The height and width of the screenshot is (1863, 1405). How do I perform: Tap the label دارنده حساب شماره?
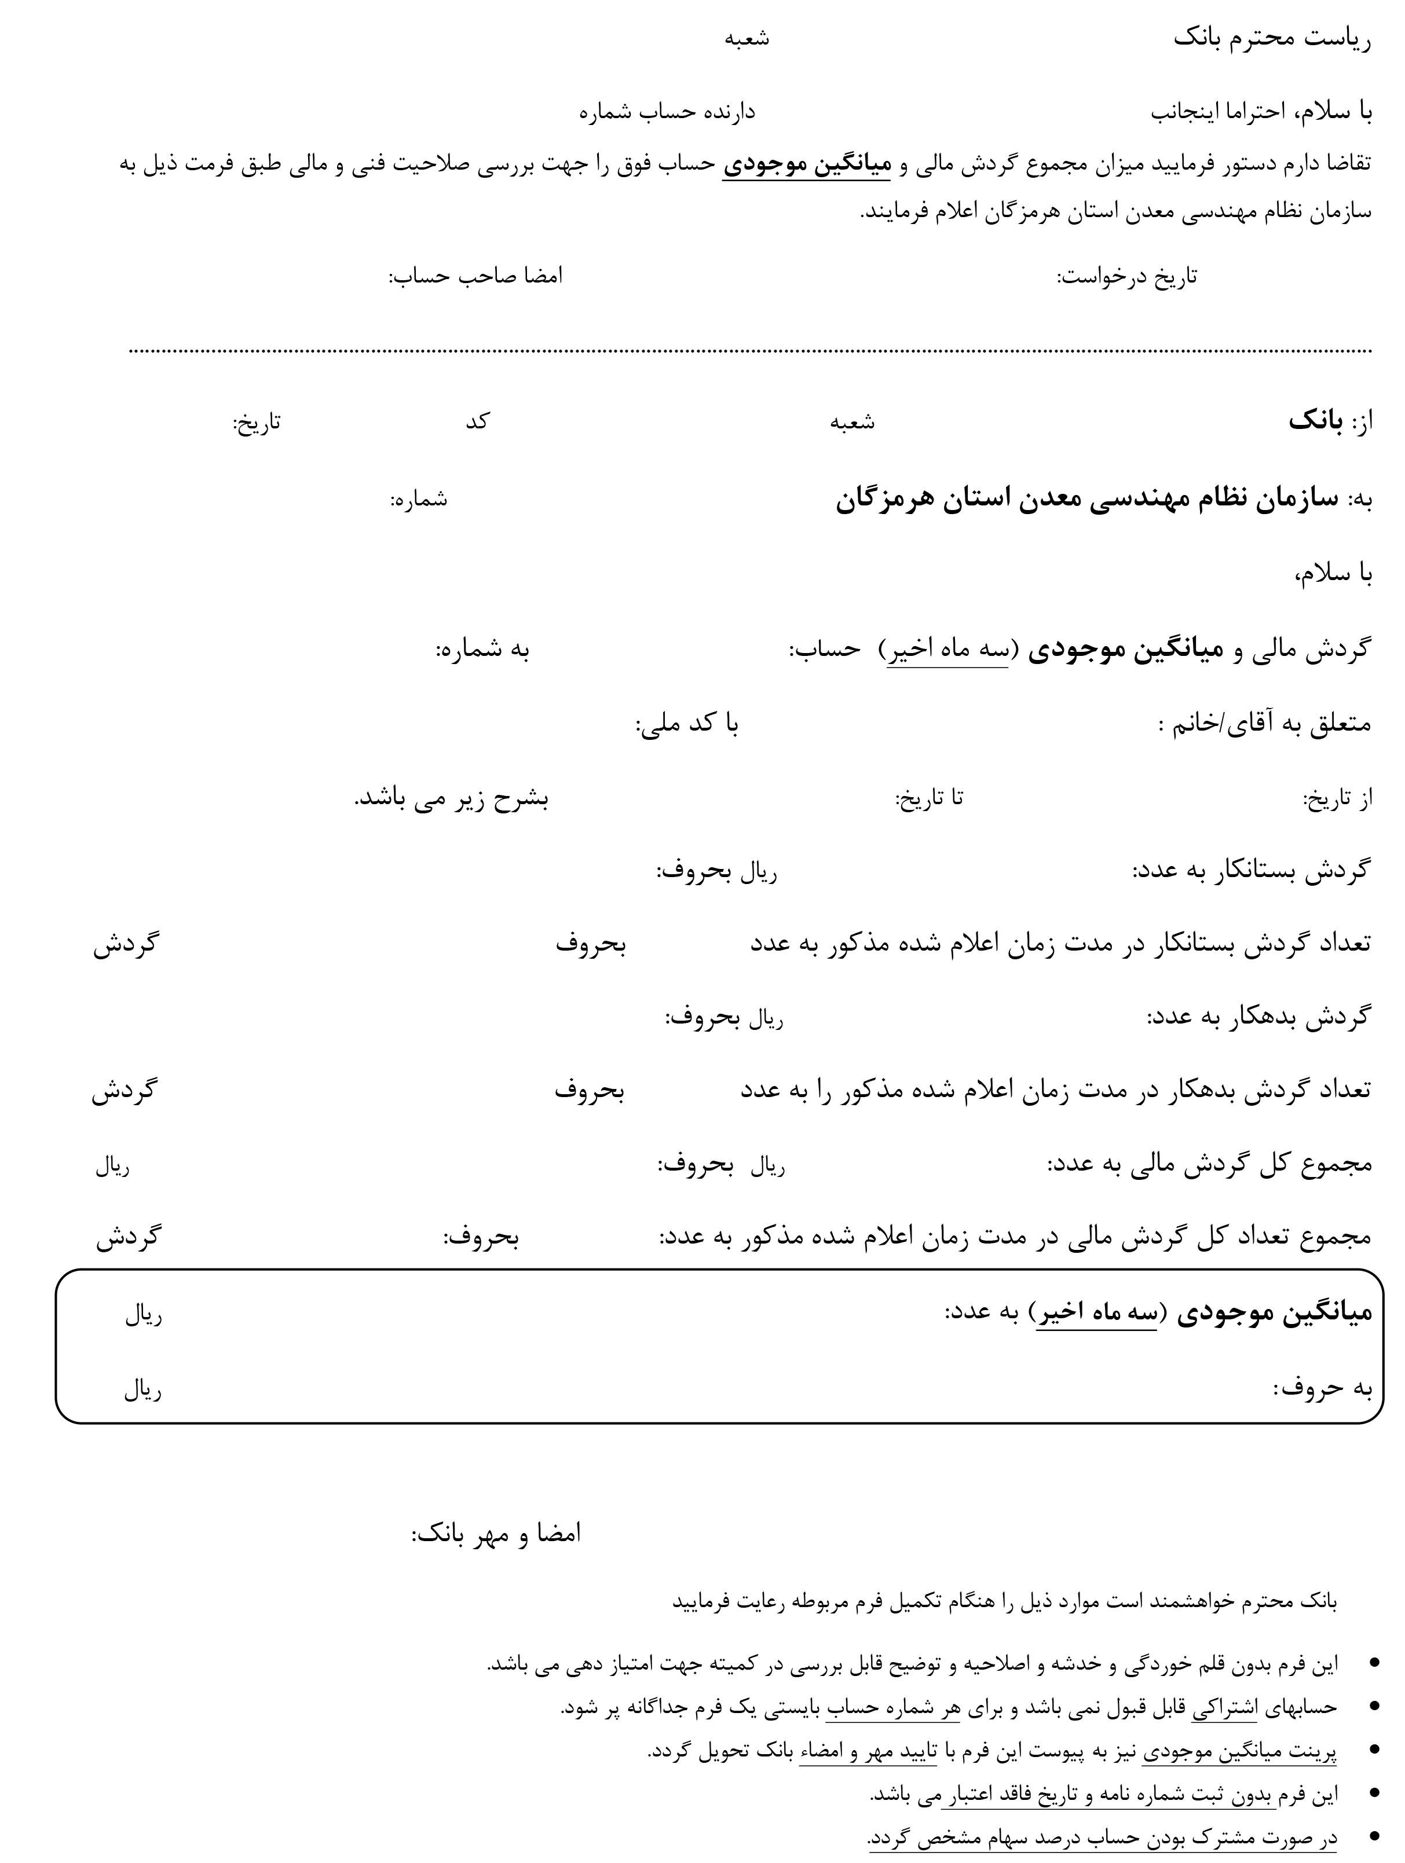pyautogui.click(x=667, y=112)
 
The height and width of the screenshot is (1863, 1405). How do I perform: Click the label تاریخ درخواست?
pyautogui.click(x=1126, y=277)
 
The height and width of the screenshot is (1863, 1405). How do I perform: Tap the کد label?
pyautogui.click(x=478, y=421)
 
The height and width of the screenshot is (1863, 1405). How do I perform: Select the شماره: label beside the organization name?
pyautogui.click(x=419, y=500)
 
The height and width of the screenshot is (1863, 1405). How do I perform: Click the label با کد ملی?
pyautogui.click(x=686, y=724)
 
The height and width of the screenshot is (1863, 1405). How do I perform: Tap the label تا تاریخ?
pyautogui.click(x=928, y=798)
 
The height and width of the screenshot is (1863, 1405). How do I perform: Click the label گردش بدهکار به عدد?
pyautogui.click(x=1258, y=1017)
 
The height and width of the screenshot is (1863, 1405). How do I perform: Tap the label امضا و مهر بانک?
pyautogui.click(x=496, y=1534)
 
